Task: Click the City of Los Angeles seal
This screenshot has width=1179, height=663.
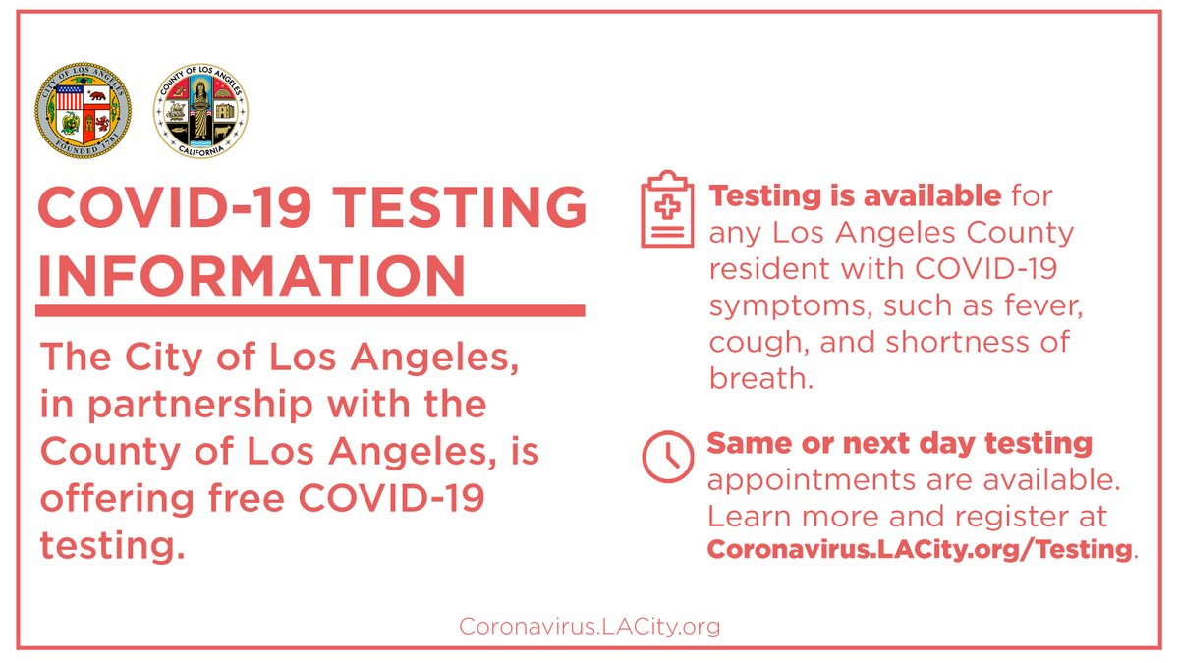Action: coord(84,110)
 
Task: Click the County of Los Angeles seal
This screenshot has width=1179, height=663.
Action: coord(200,110)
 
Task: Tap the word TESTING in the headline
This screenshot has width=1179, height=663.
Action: coord(460,206)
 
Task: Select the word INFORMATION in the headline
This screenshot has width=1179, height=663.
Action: coord(252,276)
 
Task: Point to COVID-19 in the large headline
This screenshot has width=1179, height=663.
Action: coord(175,206)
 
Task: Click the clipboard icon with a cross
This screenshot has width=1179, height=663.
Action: coord(667,208)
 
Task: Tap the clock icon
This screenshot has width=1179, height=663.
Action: coord(667,457)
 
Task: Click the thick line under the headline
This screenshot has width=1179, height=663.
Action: coord(310,310)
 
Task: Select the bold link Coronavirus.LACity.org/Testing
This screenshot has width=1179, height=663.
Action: coord(919,549)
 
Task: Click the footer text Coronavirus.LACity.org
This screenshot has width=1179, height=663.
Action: coord(589,627)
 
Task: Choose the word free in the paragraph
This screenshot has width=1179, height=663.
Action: coord(247,498)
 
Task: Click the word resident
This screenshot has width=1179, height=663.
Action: coord(769,269)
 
